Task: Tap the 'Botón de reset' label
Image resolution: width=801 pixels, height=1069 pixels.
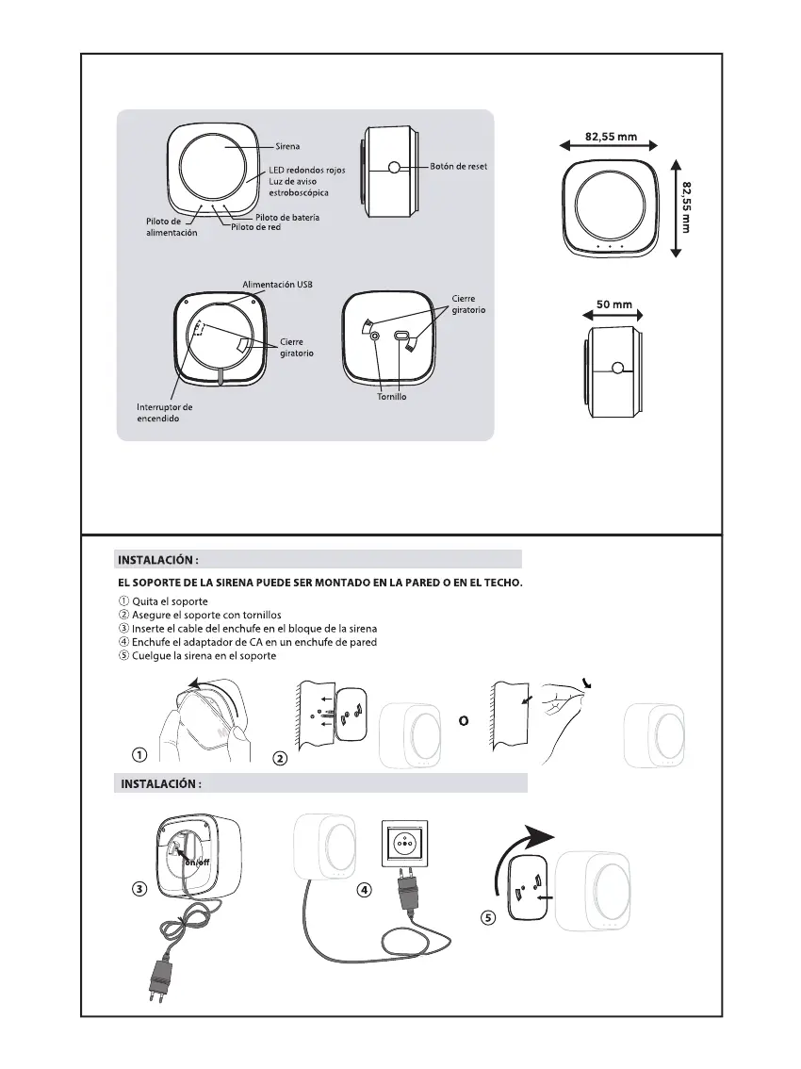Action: pos(458,167)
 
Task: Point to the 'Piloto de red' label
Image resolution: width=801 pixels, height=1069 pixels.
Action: pos(256,228)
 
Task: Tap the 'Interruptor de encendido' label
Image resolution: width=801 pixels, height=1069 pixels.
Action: pos(165,413)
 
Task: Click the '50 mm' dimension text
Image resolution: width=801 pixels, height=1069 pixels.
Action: pos(615,304)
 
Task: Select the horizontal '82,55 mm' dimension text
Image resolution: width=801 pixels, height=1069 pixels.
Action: pos(611,137)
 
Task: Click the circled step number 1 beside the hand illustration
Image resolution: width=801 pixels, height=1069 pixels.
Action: pos(139,754)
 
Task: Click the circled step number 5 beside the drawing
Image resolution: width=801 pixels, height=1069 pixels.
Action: pos(487,919)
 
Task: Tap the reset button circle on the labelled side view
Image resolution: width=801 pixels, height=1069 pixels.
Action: pos(392,168)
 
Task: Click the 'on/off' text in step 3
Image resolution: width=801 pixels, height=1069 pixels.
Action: pos(198,862)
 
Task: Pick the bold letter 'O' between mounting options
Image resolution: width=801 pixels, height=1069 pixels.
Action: pos(463,720)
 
